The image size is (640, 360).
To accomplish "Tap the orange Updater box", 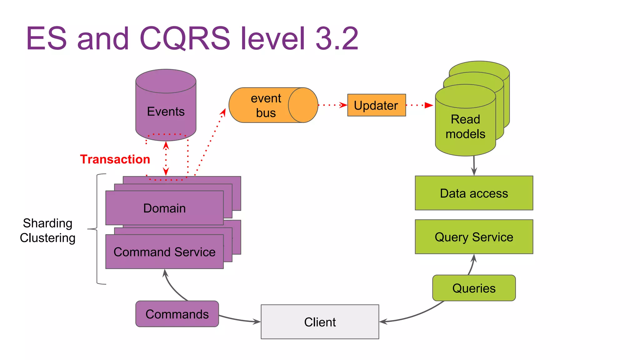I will click(376, 105).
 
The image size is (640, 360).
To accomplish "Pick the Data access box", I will click(474, 193).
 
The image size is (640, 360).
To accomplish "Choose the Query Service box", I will click(474, 237).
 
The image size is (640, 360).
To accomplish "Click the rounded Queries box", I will click(474, 288).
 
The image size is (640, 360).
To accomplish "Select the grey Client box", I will click(320, 322).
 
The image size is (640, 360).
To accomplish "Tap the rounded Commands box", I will click(177, 314).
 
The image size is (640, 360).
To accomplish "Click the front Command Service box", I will click(164, 252).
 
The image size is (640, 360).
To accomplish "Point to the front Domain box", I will click(164, 208).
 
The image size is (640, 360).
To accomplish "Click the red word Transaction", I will click(115, 159).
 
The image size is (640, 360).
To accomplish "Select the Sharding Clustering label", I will click(47, 231).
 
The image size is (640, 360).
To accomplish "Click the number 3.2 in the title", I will click(337, 38).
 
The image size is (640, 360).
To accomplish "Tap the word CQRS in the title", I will click(184, 38).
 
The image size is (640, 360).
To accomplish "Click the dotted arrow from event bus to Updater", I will click(332, 105).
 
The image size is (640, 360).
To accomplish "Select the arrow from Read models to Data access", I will click(474, 166).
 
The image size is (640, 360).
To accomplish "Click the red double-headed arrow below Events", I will click(166, 158).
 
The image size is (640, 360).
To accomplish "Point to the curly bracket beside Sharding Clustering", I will click(97, 229).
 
